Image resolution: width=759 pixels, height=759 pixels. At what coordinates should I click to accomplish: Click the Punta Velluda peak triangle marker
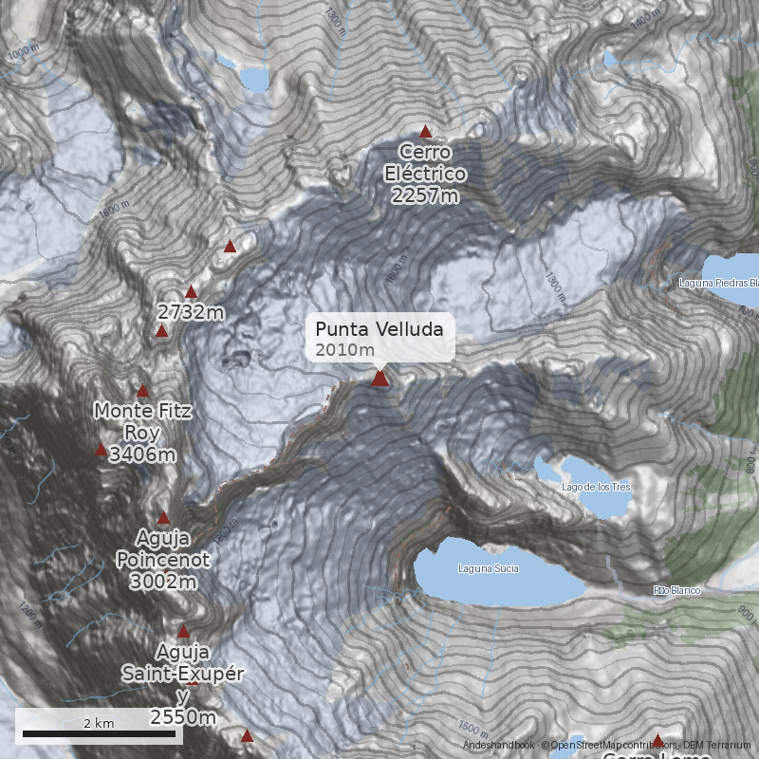point(379,379)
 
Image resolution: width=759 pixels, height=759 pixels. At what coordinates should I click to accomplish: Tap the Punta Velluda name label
point(379,329)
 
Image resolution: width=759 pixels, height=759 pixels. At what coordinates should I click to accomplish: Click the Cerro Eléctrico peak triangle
point(426,132)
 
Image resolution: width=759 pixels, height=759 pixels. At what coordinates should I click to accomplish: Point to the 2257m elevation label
point(424,195)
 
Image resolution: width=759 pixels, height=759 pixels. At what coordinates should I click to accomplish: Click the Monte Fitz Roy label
point(143,422)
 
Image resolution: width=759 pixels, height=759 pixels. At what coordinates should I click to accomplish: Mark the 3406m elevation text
point(143,455)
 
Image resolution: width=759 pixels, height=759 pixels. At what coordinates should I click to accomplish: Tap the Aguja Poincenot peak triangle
point(163,518)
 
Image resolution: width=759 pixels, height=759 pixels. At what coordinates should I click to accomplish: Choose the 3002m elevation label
point(162,581)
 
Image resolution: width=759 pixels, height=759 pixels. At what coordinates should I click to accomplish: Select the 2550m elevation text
point(182,717)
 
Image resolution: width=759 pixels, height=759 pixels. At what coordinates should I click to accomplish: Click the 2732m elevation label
point(192,312)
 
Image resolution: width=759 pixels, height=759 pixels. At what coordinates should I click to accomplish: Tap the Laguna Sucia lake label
point(488,568)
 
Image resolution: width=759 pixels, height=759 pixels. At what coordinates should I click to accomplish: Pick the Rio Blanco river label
point(676,590)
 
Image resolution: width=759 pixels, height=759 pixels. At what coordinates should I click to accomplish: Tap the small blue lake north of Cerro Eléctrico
point(254,79)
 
